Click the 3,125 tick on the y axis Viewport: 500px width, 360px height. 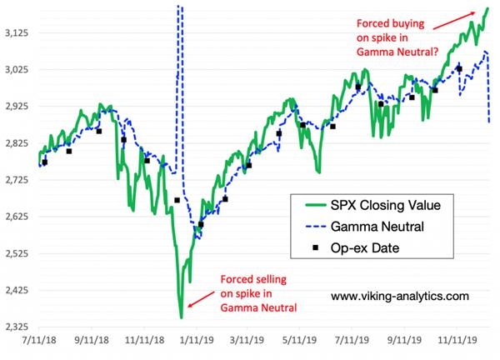[x=17, y=33]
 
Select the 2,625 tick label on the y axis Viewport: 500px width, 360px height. [x=17, y=217]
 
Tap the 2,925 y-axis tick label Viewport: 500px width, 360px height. [x=17, y=107]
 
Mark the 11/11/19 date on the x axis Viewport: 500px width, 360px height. [x=456, y=341]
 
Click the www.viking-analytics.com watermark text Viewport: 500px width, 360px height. [x=399, y=296]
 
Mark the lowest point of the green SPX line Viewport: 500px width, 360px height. [x=182, y=317]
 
